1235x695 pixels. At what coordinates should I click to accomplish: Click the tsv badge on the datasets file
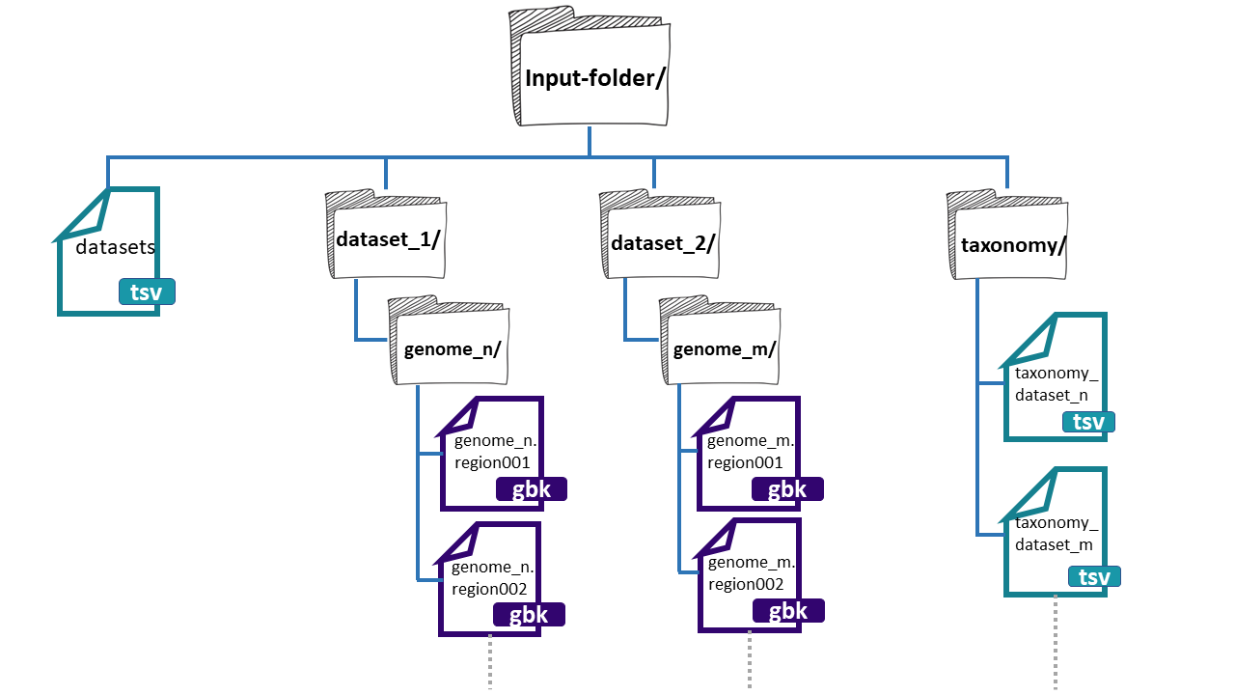click(148, 292)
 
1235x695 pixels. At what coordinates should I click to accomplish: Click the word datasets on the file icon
click(116, 247)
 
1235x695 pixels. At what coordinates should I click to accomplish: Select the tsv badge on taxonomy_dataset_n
click(1088, 422)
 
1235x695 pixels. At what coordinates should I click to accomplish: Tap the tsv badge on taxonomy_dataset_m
click(1094, 577)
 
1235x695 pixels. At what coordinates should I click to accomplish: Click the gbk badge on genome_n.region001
click(531, 489)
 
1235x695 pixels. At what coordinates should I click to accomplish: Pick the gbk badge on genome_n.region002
click(528, 615)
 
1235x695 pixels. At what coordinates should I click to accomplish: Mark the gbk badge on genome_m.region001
click(787, 489)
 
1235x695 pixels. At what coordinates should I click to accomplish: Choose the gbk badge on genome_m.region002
click(788, 612)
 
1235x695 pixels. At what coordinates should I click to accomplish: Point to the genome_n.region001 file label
click(493, 452)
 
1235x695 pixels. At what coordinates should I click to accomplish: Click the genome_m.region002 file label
click(752, 573)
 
